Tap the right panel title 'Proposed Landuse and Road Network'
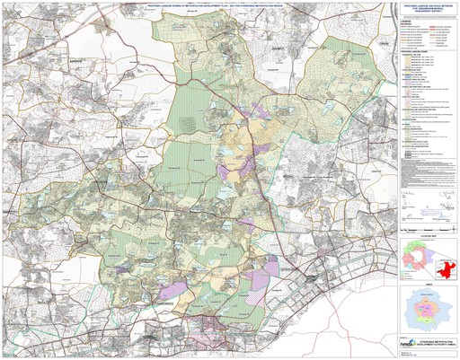[x=427, y=5]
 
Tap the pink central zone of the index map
[x=427, y=311]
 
